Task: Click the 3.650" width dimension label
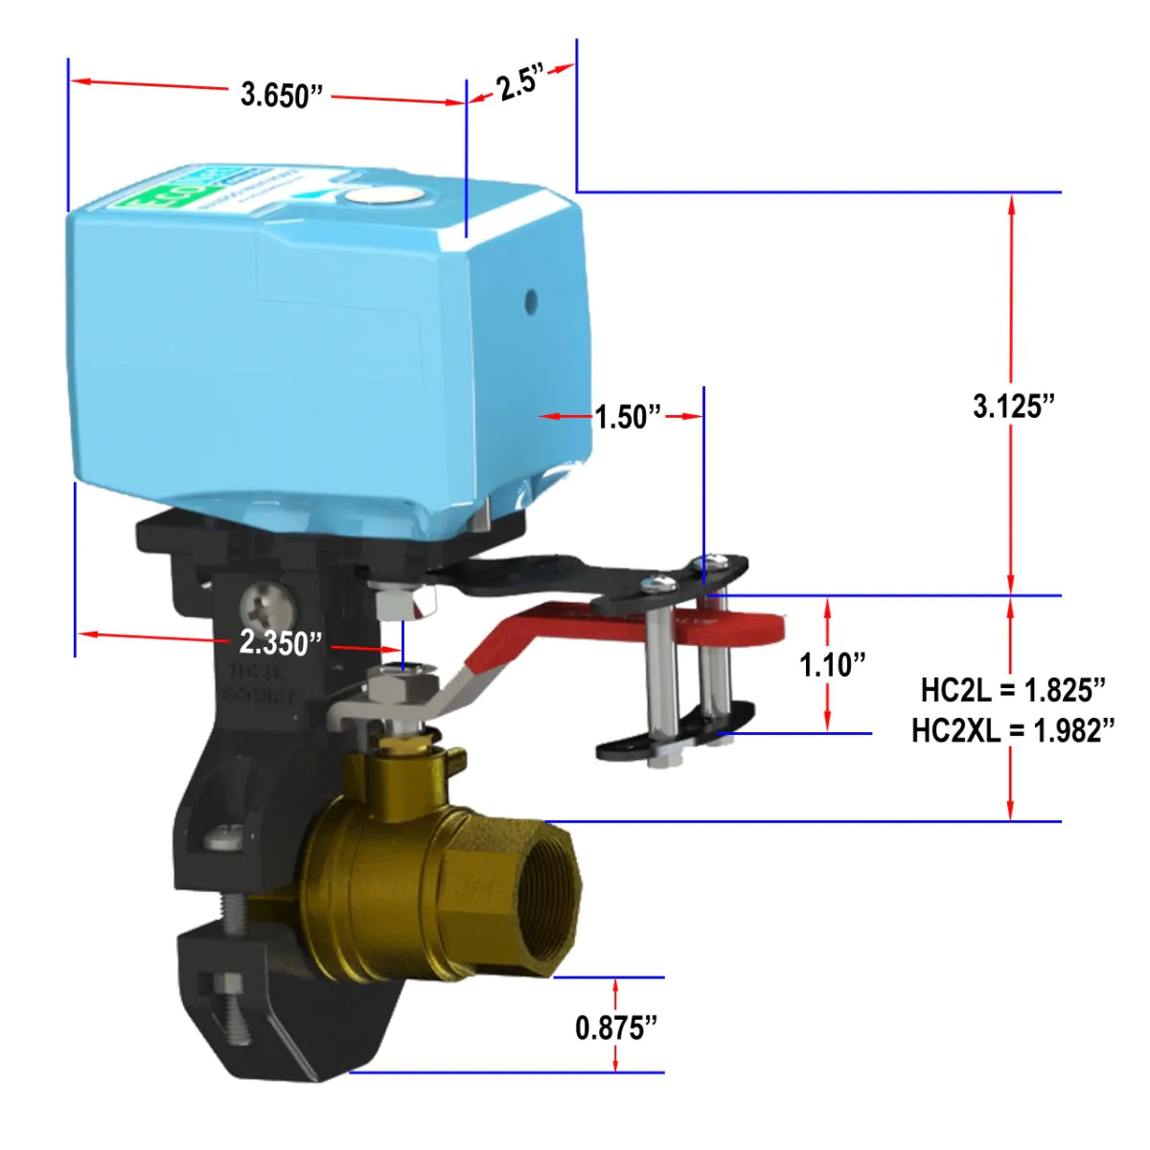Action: point(282,95)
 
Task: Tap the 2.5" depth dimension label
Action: point(520,82)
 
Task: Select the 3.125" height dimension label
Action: point(1013,406)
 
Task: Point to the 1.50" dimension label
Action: point(628,417)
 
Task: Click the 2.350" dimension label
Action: point(280,642)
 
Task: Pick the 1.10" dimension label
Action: point(833,664)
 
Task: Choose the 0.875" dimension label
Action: point(616,1027)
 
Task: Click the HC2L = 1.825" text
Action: point(1013,689)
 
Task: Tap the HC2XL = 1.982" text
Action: point(1013,730)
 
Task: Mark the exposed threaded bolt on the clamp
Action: point(234,916)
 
